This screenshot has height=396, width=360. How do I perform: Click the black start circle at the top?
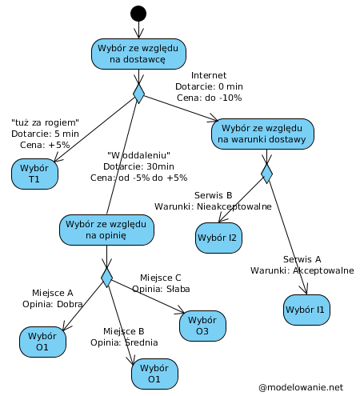(138, 13)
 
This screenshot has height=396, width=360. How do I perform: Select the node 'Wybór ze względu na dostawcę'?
(138, 54)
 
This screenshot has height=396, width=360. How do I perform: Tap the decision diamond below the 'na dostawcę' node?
(138, 94)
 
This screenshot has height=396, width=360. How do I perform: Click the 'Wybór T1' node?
(34, 174)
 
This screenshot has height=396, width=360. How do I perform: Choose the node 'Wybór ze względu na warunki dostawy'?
(262, 134)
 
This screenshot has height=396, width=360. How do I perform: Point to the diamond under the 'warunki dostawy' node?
(266, 173)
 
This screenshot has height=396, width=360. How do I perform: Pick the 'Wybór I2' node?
(219, 238)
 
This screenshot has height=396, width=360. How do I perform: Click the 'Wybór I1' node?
(306, 309)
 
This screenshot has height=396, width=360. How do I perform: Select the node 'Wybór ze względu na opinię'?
(106, 230)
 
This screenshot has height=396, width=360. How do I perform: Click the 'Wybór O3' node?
(202, 325)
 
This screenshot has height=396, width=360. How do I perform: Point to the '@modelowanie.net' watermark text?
(301, 387)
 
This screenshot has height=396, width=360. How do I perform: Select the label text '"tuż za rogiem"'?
(46, 122)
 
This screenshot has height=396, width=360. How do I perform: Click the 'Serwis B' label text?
(213, 195)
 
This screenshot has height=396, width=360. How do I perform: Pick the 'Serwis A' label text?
(302, 259)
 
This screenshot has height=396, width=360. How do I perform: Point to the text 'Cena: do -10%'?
(209, 98)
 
